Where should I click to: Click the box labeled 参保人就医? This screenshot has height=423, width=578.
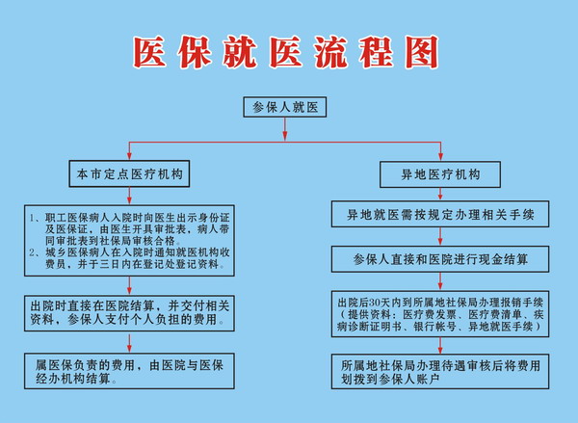[284, 107]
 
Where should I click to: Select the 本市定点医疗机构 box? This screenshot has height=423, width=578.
[129, 173]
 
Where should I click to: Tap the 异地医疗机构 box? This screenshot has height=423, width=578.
[440, 174]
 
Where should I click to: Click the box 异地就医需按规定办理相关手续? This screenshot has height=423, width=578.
[440, 214]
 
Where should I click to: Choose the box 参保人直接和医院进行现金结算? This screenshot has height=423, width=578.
[440, 259]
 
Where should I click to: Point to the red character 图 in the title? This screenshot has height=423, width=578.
[422, 52]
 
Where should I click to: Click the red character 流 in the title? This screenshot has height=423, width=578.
[330, 52]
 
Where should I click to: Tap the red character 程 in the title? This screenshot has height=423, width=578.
[377, 52]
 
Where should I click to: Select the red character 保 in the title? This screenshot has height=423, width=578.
[195, 52]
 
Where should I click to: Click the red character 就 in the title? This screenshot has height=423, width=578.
[240, 52]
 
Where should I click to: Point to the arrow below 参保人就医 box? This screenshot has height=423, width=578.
[284, 129]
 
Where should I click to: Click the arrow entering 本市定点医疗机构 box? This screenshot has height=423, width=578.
[129, 151]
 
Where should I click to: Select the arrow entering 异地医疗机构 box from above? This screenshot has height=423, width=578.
[440, 151]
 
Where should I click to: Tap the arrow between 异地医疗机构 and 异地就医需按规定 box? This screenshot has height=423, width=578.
[440, 195]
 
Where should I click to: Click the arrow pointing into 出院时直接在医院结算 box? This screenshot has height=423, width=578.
[129, 286]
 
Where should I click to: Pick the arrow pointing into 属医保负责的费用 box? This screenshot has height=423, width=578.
[129, 344]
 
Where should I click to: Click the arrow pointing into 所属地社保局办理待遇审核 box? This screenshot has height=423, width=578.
[440, 346]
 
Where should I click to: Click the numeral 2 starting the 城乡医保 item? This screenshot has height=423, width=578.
[32, 253]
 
